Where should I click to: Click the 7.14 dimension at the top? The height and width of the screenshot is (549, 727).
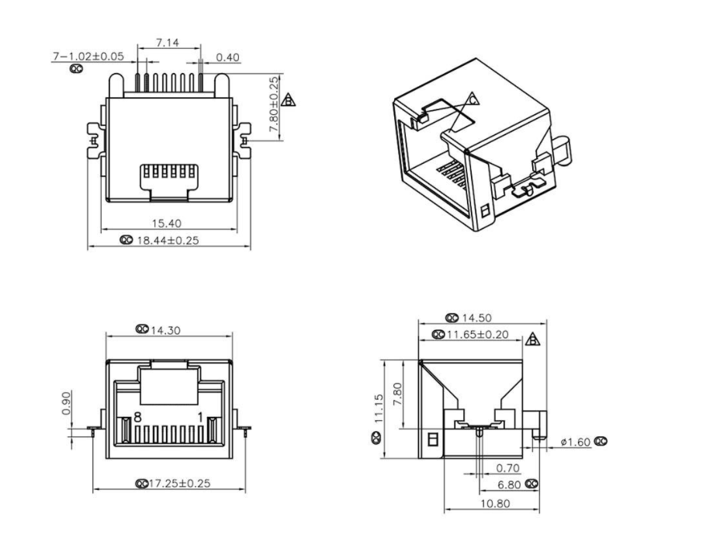167,43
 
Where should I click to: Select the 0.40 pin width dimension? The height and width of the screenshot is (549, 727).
227,57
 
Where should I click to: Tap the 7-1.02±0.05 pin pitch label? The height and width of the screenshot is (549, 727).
88,57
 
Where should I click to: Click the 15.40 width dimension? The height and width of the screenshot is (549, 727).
170,223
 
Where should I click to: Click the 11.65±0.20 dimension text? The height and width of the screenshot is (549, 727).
485,334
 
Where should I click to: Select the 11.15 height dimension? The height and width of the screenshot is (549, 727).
378,408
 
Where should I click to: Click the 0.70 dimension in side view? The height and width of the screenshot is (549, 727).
507,468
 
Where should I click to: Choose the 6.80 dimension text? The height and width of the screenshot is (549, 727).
508,484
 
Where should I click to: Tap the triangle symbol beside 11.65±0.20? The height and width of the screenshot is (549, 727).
532,339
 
